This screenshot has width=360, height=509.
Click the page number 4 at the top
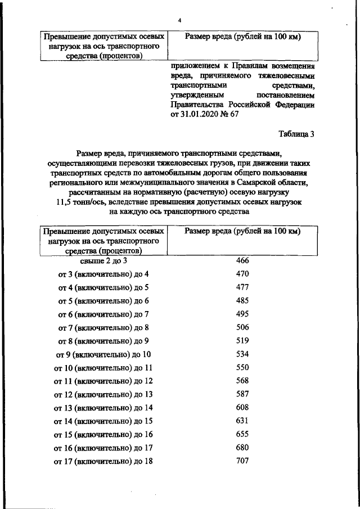(179, 21)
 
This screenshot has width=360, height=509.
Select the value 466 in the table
(242, 261)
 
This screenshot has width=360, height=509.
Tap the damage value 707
(242, 461)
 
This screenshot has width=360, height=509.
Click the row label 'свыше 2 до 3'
(103, 262)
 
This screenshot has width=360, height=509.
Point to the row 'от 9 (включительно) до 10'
(103, 355)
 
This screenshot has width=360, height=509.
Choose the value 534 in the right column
(242, 354)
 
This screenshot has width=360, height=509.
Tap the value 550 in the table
(242, 368)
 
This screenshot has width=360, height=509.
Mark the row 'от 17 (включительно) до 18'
(103, 462)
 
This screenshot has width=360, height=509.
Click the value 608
(242, 408)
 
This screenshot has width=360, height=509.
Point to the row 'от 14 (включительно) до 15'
(103, 421)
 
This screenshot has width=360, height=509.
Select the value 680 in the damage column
(242, 448)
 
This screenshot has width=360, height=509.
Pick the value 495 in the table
(242, 314)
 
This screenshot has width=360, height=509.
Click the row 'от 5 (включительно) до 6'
(103, 301)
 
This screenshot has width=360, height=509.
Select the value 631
(242, 421)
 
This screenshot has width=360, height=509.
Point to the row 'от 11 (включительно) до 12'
(103, 381)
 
